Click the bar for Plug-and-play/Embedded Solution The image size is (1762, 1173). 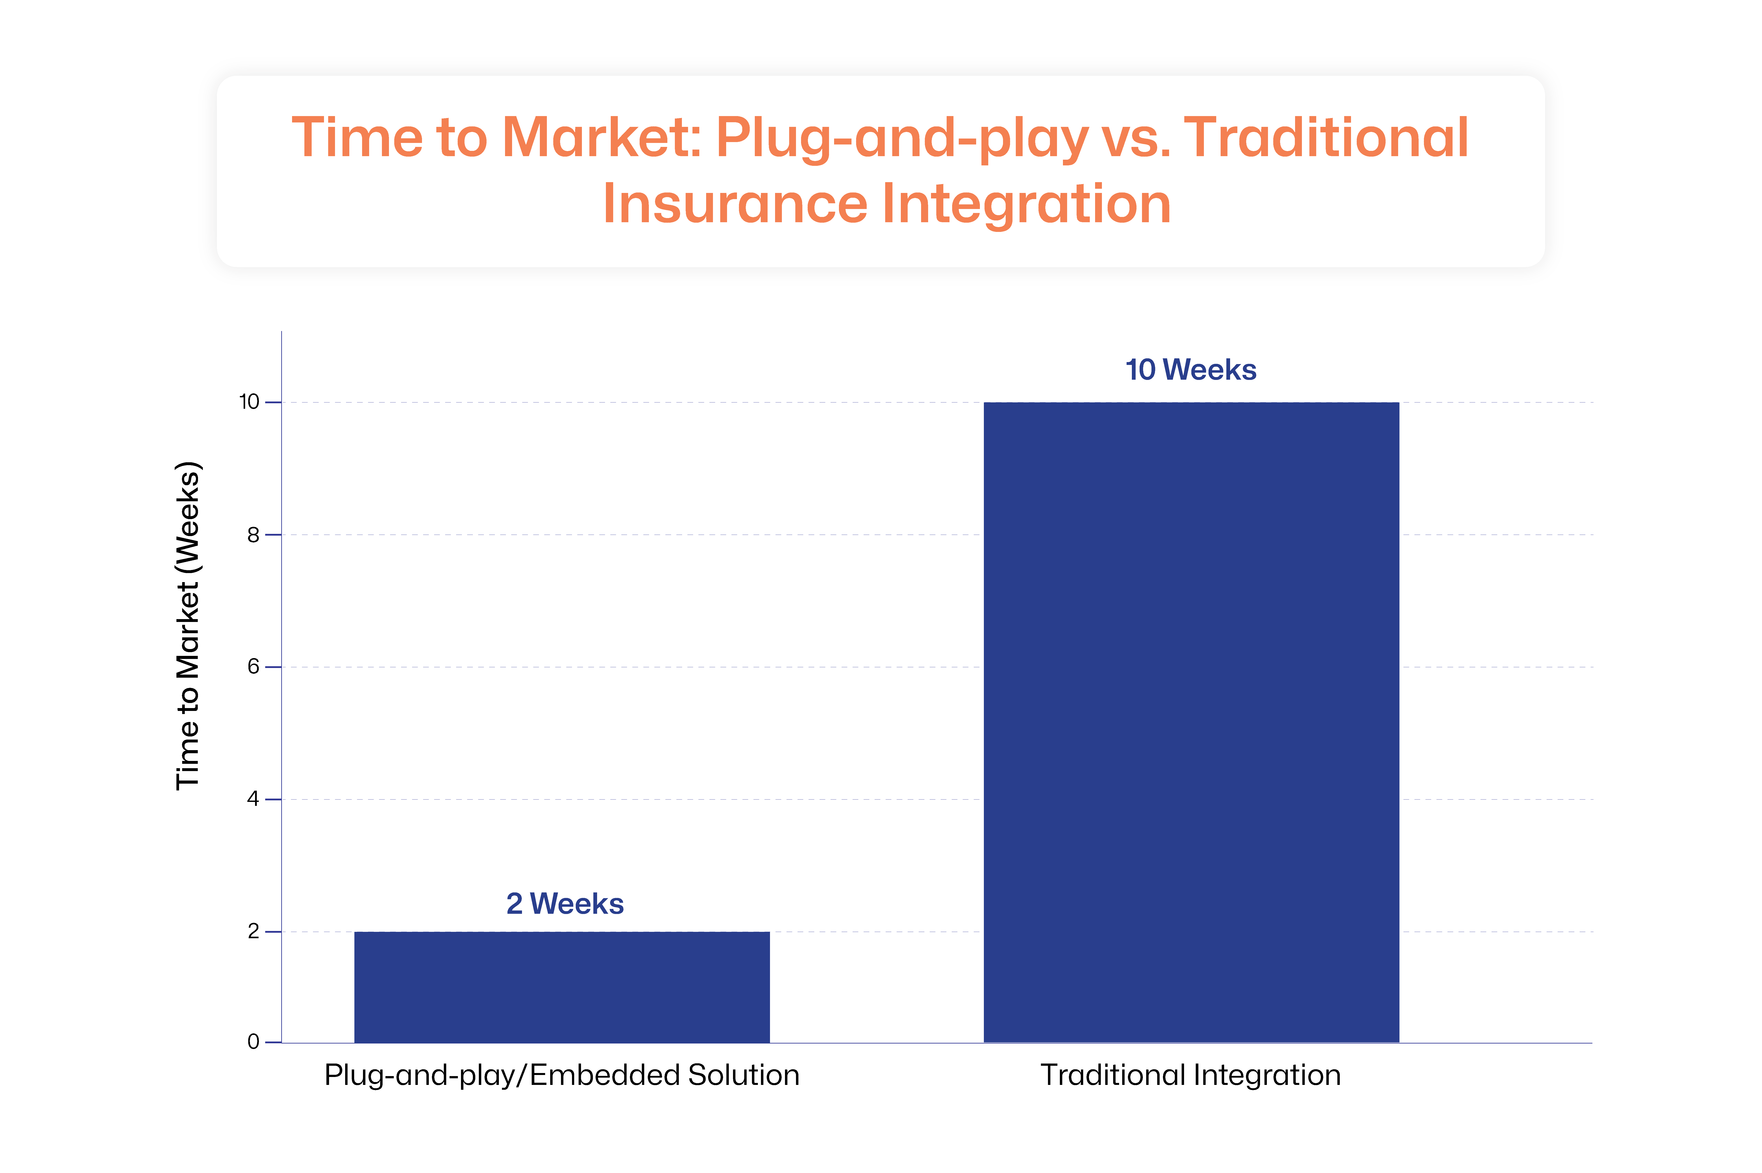point(562,987)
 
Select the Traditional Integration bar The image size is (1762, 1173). point(1191,722)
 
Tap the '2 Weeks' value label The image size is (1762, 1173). point(565,904)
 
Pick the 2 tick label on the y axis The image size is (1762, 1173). point(254,931)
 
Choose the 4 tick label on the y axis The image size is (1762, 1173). point(254,799)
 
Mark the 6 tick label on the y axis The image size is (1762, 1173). point(254,666)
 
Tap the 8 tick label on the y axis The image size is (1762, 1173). point(254,535)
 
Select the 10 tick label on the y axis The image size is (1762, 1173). point(249,402)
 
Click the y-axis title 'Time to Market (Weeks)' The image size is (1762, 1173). point(188,625)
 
